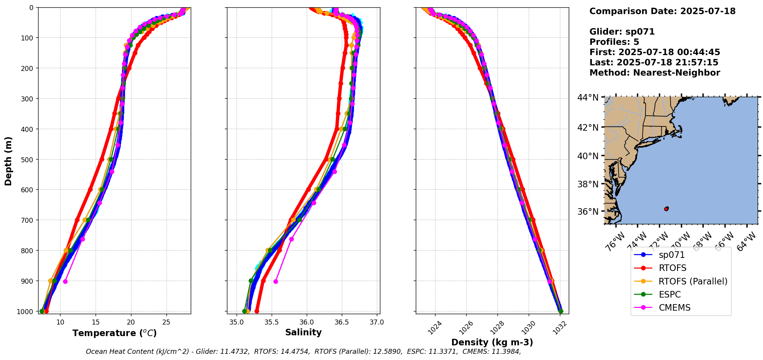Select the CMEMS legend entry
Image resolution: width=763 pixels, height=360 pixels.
674,308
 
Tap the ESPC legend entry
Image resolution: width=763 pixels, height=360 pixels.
670,294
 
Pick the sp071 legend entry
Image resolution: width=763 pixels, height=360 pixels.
672,255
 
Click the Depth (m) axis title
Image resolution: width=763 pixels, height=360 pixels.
8,161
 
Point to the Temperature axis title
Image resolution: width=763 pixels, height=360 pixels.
114,333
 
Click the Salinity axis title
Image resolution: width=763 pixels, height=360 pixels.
303,332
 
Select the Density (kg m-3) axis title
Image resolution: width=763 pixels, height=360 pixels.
492,342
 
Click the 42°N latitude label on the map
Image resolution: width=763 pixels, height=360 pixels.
588,127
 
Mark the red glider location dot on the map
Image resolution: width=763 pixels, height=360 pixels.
666,209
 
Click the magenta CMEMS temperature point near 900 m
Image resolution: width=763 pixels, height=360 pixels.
65,281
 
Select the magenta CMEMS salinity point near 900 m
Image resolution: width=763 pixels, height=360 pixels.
276,281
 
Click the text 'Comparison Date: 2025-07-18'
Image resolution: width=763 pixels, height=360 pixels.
662,11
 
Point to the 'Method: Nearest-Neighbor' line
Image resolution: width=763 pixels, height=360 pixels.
655,73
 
